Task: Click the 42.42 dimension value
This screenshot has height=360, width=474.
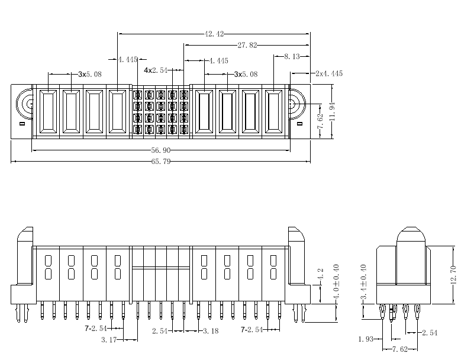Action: tap(214, 34)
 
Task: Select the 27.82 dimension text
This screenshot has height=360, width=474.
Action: tap(247, 45)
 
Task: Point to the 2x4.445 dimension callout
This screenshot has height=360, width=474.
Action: tap(329, 74)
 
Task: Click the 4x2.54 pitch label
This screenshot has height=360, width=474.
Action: tap(156, 70)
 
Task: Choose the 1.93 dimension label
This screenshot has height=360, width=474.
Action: tap(366, 339)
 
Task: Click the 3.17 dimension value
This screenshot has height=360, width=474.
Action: tap(110, 339)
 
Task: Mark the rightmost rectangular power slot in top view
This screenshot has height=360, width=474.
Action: tap(273, 112)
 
